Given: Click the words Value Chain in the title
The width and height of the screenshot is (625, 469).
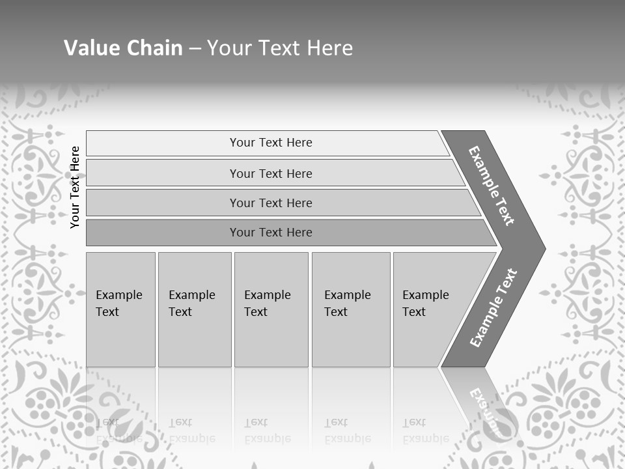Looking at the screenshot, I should pyautogui.click(x=123, y=48).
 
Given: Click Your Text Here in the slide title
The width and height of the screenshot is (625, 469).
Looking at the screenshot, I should pyautogui.click(x=280, y=48).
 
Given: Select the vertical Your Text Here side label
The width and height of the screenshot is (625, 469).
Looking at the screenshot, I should pyautogui.click(x=75, y=187).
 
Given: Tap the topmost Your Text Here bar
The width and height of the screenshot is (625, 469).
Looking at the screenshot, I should pyautogui.click(x=270, y=143).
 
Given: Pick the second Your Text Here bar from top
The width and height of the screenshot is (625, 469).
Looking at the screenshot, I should pyautogui.click(x=270, y=173).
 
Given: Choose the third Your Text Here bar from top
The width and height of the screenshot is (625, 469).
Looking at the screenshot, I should pyautogui.click(x=270, y=203).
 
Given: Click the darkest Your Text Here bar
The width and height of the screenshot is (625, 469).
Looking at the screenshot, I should pyautogui.click(x=270, y=233).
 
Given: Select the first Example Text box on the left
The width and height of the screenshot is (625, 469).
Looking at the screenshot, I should pyautogui.click(x=120, y=309).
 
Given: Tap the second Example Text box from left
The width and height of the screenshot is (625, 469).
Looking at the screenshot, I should pyautogui.click(x=194, y=309).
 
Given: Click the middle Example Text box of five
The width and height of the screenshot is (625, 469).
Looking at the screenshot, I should pyautogui.click(x=271, y=309).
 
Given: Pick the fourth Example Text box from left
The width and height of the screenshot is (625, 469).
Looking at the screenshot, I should pyautogui.click(x=350, y=309).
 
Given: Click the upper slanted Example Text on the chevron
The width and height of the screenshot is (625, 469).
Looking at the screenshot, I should pyautogui.click(x=492, y=186).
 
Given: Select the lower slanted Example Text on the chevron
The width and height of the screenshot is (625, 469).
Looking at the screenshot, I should pyautogui.click(x=493, y=307).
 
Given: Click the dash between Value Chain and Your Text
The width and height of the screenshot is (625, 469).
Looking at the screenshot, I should pyautogui.click(x=195, y=49).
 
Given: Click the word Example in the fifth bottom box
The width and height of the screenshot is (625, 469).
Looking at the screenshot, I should pyautogui.click(x=425, y=295).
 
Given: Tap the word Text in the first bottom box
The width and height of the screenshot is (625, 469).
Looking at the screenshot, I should pyautogui.click(x=107, y=312).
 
